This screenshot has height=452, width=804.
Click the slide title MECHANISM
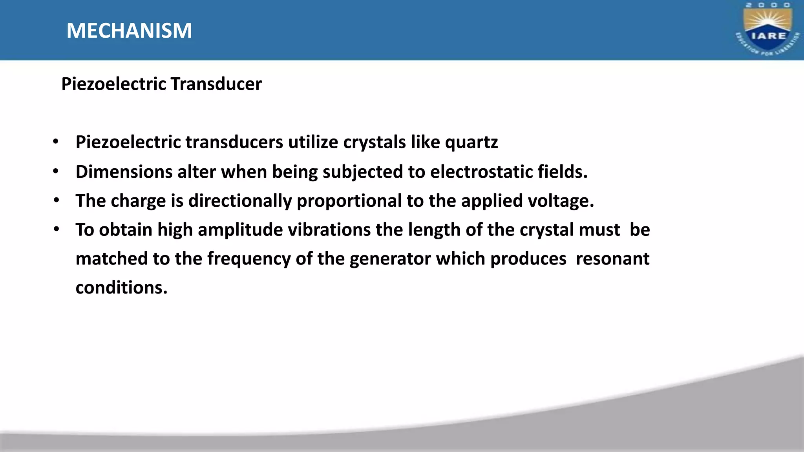[x=129, y=31]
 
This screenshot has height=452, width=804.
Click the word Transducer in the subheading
[x=216, y=84]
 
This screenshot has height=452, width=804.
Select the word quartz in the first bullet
[x=471, y=142]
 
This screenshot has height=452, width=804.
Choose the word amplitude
[x=240, y=230]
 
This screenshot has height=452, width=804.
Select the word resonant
[x=612, y=259]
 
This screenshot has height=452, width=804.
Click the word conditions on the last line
[x=121, y=288]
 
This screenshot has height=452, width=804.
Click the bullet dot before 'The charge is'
[x=57, y=200]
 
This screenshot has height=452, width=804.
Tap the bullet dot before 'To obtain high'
[x=57, y=229]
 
